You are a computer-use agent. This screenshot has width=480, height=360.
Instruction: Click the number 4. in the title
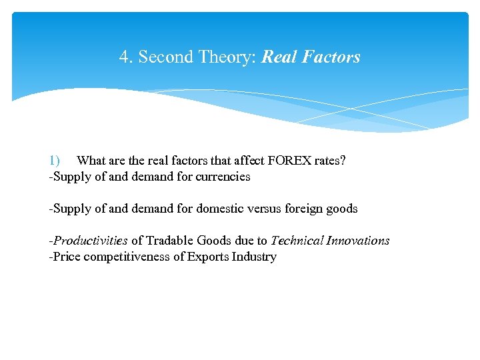tap(125, 57)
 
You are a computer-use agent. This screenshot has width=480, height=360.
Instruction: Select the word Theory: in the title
tap(226, 57)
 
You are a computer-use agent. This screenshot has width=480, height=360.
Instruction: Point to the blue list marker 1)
tap(54, 161)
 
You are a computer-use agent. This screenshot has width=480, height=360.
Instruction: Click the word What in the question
tap(90, 161)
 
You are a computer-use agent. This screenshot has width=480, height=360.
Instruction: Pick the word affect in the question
tap(247, 161)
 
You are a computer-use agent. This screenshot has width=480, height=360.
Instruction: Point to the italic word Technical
tap(297, 241)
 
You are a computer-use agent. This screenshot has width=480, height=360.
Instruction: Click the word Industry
tap(255, 257)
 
